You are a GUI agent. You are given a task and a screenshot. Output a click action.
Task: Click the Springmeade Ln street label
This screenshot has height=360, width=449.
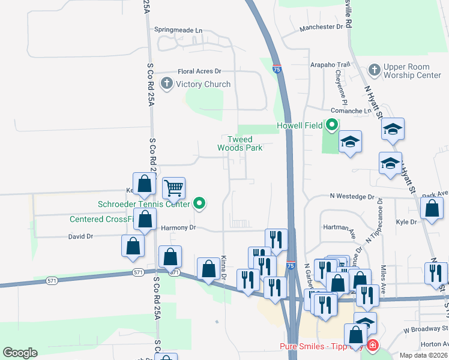pyautogui.click(x=178, y=29)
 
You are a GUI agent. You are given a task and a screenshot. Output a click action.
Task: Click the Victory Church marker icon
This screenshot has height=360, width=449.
pyautogui.click(x=167, y=84)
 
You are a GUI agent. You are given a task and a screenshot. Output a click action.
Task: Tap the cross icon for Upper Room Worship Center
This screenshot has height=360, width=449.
pyautogui.click(x=373, y=70)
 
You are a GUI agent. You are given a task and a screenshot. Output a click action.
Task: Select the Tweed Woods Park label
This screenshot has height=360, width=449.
pyautogui.click(x=240, y=143)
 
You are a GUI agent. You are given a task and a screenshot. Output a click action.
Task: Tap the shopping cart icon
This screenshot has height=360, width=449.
pyautogui.click(x=173, y=188)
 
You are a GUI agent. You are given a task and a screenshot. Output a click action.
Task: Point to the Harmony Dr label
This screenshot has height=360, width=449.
pyautogui.click(x=179, y=228)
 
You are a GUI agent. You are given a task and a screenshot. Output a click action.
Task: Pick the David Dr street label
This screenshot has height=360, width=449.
pyautogui.click(x=80, y=236)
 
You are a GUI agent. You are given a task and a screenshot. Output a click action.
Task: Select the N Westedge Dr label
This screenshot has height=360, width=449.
pyautogui.click(x=351, y=196)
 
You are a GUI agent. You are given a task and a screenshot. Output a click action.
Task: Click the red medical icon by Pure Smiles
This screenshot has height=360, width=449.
pyautogui.click(x=372, y=346)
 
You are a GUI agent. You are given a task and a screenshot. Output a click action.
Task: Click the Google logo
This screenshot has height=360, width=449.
pyautogui.click(x=20, y=353)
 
